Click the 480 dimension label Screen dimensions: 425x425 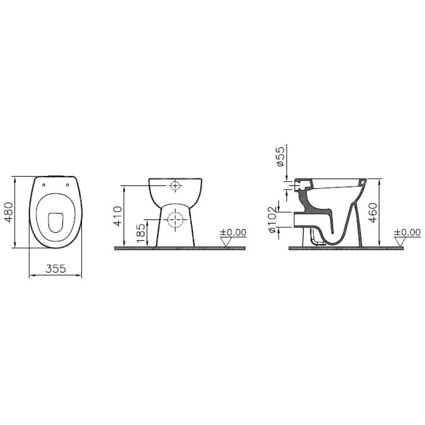click(x=9, y=212)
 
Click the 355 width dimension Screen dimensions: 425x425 click(x=56, y=269)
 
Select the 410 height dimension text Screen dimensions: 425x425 click(x=118, y=216)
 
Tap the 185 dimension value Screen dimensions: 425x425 click(x=141, y=233)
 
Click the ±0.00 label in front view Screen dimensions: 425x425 click(x=233, y=232)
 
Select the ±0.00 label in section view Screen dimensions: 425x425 click(x=407, y=232)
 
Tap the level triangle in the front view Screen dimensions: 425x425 click(x=226, y=241)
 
